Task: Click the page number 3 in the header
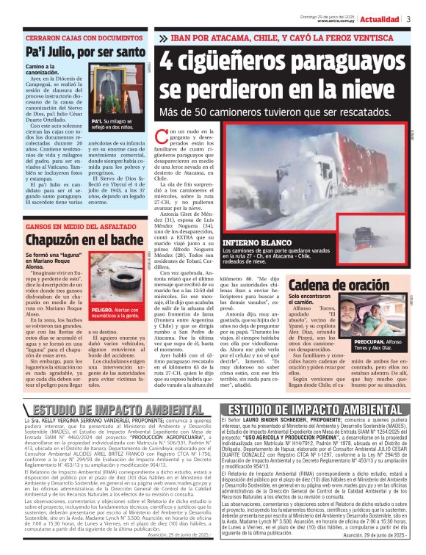(x=408, y=19)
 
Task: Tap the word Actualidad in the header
(x=380, y=19)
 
